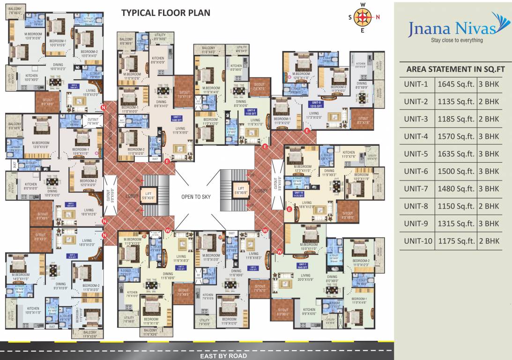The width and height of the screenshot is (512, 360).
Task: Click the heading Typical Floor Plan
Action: tap(166, 13)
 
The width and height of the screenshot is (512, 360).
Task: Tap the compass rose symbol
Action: tap(362, 18)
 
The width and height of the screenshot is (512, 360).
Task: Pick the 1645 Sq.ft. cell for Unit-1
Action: tap(456, 84)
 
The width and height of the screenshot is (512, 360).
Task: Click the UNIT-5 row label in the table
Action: tap(416, 154)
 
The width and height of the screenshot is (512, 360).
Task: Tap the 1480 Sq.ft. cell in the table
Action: tap(456, 188)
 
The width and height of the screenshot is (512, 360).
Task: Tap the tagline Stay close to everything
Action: tap(456, 40)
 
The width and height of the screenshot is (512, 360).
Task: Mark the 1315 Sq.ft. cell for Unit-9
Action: tap(456, 223)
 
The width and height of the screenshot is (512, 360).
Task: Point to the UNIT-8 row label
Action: tap(416, 206)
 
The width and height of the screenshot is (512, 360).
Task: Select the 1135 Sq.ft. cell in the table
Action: tap(456, 102)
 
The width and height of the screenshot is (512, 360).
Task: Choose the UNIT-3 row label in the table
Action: tap(416, 119)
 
